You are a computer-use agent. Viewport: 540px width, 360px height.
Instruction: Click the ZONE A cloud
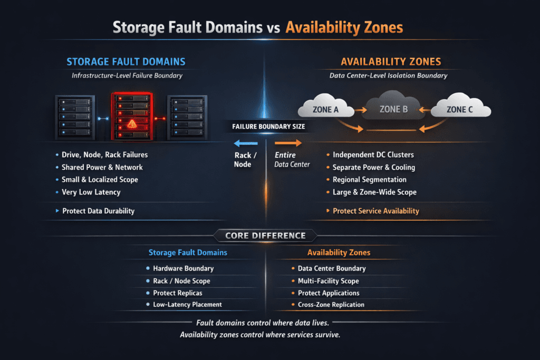point(325,109)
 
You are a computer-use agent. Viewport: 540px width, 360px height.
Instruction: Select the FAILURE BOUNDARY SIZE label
point(268,127)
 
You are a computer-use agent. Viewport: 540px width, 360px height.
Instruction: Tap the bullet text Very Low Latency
point(91,192)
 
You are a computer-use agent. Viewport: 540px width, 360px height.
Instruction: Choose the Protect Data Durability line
point(98,211)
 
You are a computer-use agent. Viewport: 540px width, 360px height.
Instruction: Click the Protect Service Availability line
point(375,211)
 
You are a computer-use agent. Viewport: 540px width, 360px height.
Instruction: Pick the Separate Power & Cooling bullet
point(373,167)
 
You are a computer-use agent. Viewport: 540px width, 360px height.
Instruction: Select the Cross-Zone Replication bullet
point(331,305)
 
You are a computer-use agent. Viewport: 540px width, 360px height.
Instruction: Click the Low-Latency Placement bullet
point(187,305)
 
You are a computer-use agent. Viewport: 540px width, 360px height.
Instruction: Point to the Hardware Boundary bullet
point(183,268)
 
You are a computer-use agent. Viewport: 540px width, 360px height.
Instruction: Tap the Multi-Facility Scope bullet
point(328,281)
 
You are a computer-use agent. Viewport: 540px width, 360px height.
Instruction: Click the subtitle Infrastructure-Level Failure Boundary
point(127,75)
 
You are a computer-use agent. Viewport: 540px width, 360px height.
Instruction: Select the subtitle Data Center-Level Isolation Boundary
point(388,75)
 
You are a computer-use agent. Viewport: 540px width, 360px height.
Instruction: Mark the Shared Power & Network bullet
point(102,167)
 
